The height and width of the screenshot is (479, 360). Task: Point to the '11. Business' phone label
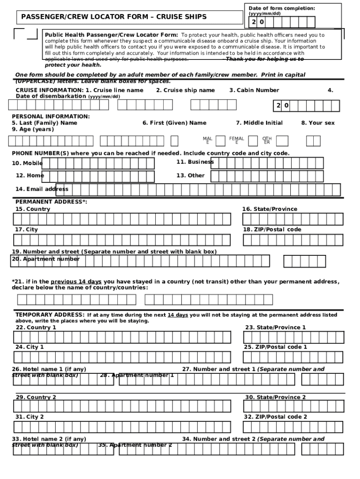(x=194, y=162)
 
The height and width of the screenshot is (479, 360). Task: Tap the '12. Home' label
(x=29, y=175)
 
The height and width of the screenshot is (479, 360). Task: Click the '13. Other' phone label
(x=190, y=175)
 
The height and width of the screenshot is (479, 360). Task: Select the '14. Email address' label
(x=42, y=189)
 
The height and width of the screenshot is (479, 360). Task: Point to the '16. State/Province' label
(x=269, y=209)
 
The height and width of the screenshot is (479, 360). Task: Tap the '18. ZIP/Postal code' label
(x=272, y=230)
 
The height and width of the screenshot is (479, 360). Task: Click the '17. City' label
(x=27, y=230)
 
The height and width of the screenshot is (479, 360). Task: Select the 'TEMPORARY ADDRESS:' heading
(x=50, y=315)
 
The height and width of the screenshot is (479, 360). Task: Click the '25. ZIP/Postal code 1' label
(x=275, y=347)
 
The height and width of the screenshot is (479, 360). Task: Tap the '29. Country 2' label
(x=36, y=397)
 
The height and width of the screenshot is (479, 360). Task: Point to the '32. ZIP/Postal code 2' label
(x=275, y=417)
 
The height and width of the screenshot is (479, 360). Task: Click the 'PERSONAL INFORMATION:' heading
(x=51, y=116)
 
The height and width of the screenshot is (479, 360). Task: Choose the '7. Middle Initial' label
(x=259, y=123)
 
